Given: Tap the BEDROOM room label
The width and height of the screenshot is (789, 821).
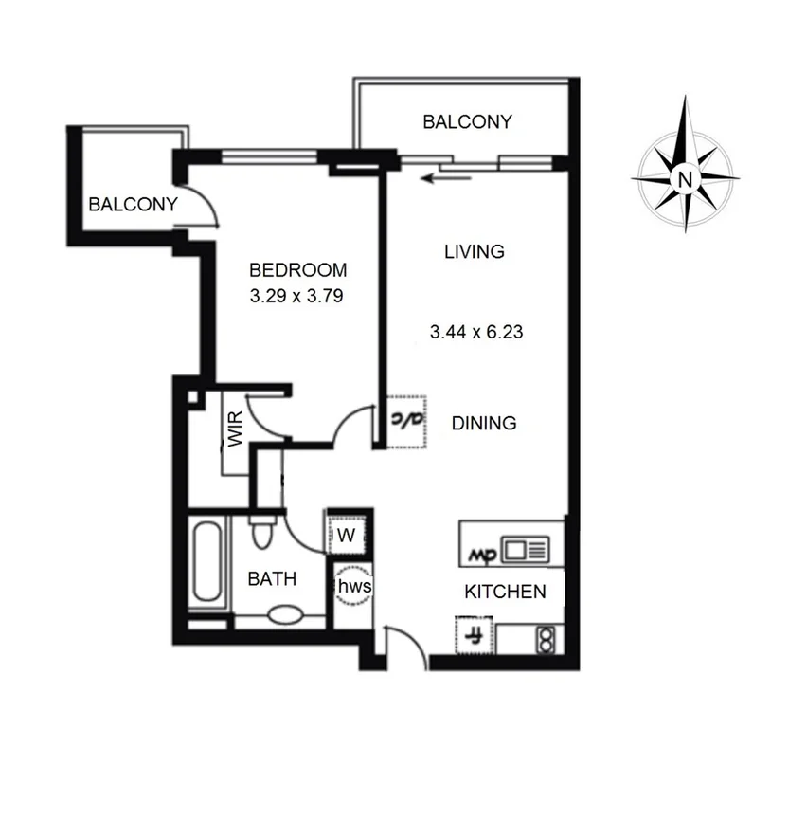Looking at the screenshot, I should point(297,270).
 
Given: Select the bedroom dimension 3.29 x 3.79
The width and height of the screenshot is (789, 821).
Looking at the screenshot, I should point(296,295).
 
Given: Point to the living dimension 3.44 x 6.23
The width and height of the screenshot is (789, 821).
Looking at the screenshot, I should point(476,333).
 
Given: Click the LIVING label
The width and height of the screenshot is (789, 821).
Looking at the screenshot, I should point(474,252).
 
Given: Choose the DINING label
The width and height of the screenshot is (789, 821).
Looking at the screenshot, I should point(483,423).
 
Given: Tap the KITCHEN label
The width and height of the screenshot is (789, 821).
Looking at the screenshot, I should point(505,592).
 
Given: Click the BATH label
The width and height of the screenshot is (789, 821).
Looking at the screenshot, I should point(272,578).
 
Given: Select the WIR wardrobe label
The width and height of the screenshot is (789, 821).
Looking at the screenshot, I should point(235,429).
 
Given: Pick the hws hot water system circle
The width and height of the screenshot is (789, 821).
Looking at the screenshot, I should point(354,586).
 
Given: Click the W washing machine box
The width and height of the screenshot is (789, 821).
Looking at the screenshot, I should point(347,536).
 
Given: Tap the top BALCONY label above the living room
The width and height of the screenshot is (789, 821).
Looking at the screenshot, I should point(467,122).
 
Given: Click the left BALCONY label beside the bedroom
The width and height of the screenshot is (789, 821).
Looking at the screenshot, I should point(133,204).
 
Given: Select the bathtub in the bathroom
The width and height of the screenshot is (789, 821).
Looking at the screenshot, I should point(206,565).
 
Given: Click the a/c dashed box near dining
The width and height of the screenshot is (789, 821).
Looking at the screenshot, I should point(408,417).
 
